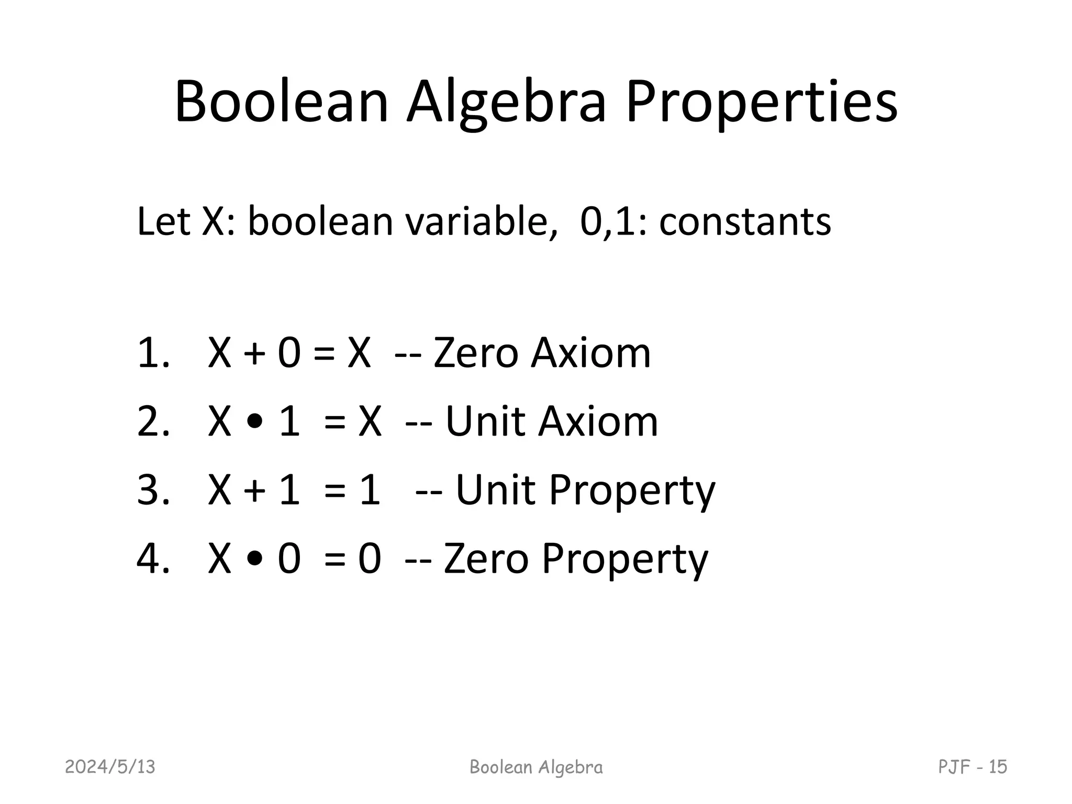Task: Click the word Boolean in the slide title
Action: [x=281, y=102]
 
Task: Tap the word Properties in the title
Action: [x=762, y=102]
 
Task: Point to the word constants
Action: [x=744, y=221]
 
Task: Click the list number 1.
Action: [x=152, y=353]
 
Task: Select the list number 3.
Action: [x=152, y=490]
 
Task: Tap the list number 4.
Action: [x=152, y=559]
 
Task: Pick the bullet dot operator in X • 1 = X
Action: [x=254, y=422]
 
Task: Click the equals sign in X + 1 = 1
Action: [x=335, y=491]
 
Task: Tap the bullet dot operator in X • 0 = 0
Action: [x=254, y=560]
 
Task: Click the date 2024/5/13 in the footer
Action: [x=110, y=767]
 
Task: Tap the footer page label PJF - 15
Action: [x=972, y=767]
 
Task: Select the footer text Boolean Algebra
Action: [x=536, y=767]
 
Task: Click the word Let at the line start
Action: [x=163, y=221]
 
